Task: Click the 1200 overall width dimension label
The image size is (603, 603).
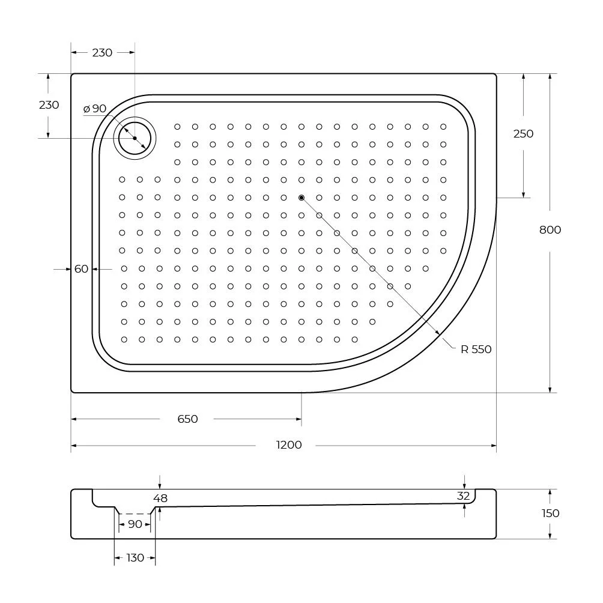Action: (289, 445)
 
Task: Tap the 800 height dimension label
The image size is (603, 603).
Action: (550, 230)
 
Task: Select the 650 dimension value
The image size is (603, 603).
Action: (187, 419)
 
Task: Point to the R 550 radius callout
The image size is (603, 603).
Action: (476, 349)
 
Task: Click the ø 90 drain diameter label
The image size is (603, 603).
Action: (95, 109)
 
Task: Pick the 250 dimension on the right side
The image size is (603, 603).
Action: (523, 134)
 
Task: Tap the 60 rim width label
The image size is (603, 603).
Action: (81, 269)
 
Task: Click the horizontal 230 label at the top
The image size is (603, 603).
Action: (102, 53)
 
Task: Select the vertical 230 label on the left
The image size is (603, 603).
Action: (49, 105)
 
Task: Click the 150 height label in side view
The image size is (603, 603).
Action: (550, 514)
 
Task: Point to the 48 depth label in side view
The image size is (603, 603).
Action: (160, 498)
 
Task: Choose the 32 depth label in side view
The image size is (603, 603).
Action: (464, 496)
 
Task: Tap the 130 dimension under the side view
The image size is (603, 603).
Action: (135, 557)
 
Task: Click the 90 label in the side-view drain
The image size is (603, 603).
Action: (135, 524)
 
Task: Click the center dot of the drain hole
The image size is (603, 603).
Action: (135, 138)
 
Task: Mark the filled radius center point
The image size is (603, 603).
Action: (301, 198)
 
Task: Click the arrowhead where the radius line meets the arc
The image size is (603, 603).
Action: (437, 333)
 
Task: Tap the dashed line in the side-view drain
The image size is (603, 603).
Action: (135, 514)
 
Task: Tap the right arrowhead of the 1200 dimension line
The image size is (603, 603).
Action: (494, 446)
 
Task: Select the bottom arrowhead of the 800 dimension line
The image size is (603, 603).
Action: (550, 390)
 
